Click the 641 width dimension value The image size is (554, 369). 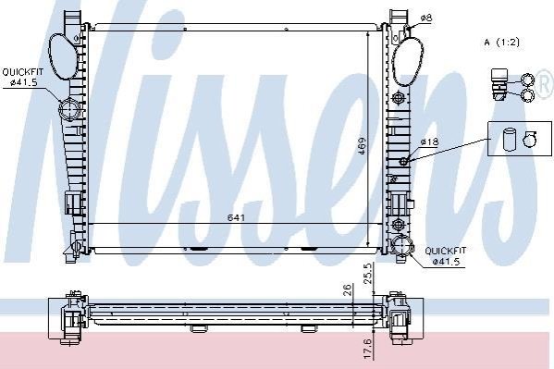[x=236, y=217]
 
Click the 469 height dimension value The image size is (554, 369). [x=362, y=146]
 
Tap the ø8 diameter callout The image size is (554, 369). [x=426, y=18]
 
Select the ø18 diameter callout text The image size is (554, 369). [x=429, y=142]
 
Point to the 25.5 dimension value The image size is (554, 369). [x=367, y=273]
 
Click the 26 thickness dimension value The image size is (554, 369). [x=348, y=289]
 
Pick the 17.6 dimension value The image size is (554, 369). [x=367, y=350]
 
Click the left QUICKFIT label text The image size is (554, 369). [x=22, y=72]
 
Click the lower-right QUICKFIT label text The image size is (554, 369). [x=446, y=251]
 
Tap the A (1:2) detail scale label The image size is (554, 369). [x=502, y=43]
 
